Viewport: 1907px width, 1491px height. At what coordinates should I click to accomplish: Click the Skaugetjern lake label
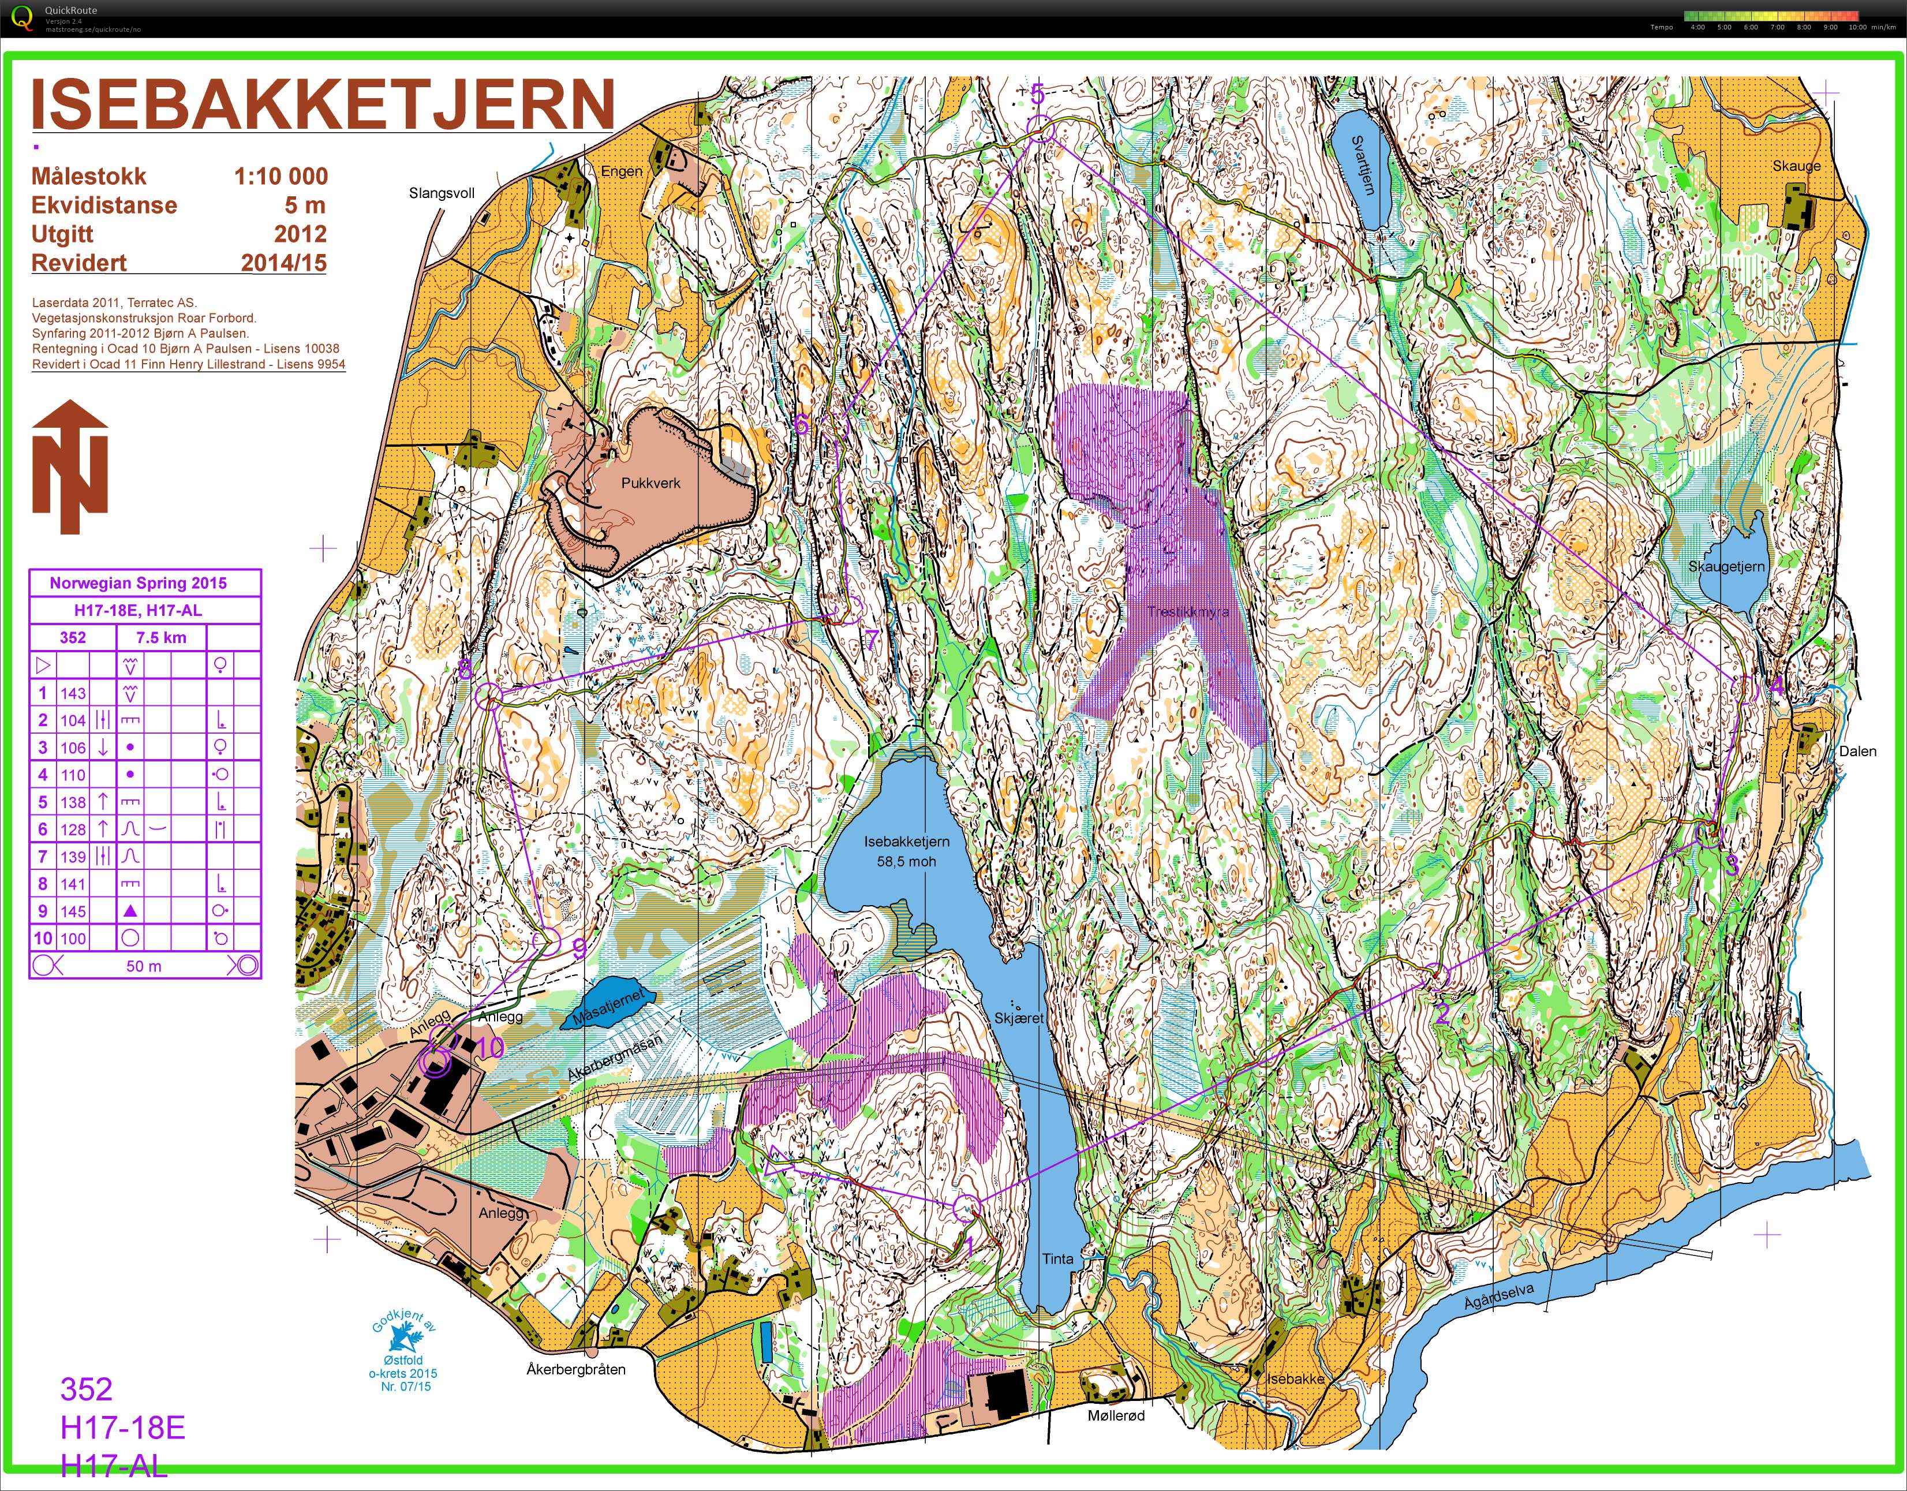pyautogui.click(x=1726, y=567)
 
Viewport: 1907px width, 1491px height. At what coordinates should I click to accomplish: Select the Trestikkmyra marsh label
pyautogui.click(x=1187, y=611)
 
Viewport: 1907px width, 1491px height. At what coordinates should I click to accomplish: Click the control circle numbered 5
pyautogui.click(x=1040, y=129)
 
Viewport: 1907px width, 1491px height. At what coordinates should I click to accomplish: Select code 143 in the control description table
pyautogui.click(x=73, y=693)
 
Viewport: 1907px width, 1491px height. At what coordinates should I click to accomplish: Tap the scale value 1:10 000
pyautogui.click(x=281, y=177)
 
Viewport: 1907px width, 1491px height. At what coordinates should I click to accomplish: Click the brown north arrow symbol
pyautogui.click(x=70, y=468)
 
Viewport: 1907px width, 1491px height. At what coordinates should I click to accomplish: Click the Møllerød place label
pyautogui.click(x=1115, y=1415)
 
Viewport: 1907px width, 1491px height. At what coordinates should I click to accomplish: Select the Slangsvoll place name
pyautogui.click(x=442, y=193)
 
